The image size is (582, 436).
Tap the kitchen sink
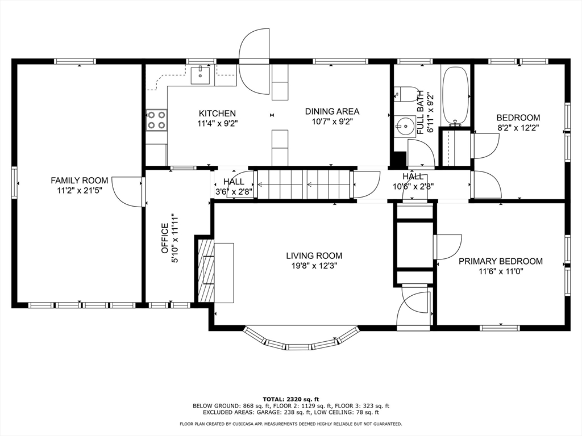tap(201, 75)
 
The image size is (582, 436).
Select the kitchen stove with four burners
tap(156, 120)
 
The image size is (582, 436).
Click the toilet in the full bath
tap(405, 94)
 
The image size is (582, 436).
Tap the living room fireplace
tap(205, 269)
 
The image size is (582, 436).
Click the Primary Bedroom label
tap(500, 261)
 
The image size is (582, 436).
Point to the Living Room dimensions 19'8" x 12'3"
tap(314, 265)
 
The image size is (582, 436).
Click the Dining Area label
tap(332, 112)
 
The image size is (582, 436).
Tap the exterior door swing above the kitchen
tap(254, 61)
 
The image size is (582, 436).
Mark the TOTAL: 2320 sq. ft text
tap(290, 399)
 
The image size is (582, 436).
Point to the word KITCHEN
tap(217, 114)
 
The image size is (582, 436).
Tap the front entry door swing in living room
tap(414, 308)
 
